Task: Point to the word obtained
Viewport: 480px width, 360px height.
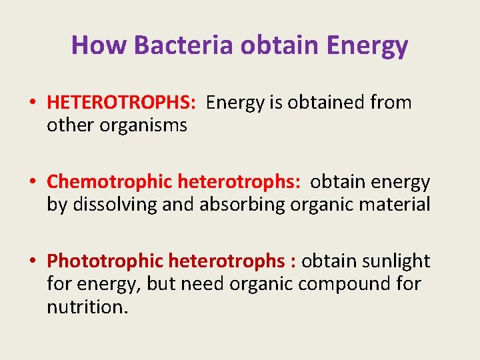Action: (x=326, y=103)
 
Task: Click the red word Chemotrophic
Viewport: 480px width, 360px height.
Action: (x=109, y=182)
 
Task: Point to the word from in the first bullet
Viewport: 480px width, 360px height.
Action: (x=393, y=103)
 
